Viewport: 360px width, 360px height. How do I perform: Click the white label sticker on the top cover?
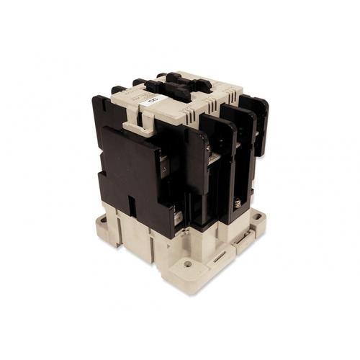(x=153, y=102)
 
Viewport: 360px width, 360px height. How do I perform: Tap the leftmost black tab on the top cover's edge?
(x=119, y=90)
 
